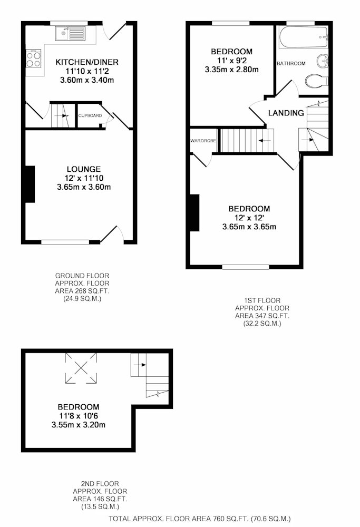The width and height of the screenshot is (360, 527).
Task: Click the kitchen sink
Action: tap(71, 33)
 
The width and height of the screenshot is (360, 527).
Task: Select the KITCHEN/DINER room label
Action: tap(87, 62)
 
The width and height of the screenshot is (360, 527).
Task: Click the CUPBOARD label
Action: tap(90, 115)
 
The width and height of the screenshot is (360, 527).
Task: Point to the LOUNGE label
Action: tap(84, 169)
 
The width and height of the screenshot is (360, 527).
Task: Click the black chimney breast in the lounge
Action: tap(30, 184)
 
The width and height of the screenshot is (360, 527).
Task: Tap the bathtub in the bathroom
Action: tap(303, 37)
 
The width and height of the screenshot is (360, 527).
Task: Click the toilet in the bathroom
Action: tap(316, 81)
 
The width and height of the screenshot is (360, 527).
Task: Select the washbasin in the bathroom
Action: tap(322, 61)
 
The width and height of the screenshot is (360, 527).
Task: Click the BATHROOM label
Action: tap(291, 63)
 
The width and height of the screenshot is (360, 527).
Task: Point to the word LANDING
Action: tap(286, 113)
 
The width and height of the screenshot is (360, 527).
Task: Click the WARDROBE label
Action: tap(203, 141)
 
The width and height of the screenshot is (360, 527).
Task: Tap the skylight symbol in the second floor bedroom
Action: tap(81, 368)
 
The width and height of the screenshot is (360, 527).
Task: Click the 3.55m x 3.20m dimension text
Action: tap(79, 425)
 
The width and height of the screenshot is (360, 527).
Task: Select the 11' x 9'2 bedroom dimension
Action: tap(231, 61)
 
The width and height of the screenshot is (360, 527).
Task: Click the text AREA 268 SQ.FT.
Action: tap(82, 291)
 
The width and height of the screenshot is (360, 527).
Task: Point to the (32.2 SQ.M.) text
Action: tap(262, 324)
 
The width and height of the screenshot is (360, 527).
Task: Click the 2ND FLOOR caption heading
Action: tap(100, 484)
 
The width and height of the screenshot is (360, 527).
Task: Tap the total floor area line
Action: tap(200, 519)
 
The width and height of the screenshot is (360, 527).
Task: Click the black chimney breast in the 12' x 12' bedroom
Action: tap(194, 213)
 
